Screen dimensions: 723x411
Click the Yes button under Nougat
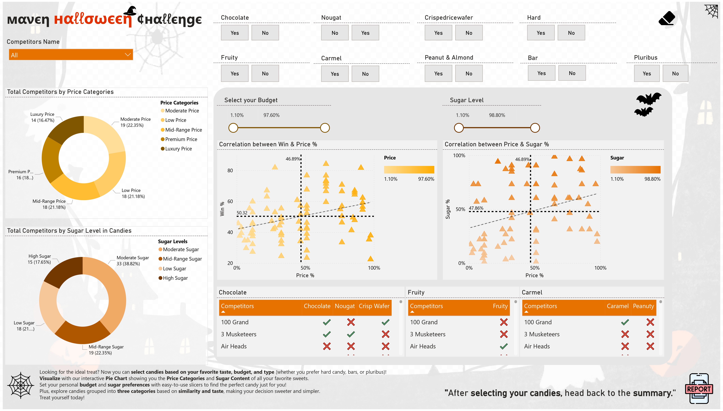365,33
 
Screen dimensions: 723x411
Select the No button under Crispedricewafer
469,33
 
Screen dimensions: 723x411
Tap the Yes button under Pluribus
647,73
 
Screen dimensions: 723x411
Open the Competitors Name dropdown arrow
128,55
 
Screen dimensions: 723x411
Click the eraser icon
667,18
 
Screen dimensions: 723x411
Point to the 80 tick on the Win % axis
230,170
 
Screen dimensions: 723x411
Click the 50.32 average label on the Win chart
242,213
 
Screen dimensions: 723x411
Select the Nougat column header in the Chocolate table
344,306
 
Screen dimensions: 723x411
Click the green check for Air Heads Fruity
504,346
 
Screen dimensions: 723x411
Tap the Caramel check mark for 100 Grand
625,322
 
